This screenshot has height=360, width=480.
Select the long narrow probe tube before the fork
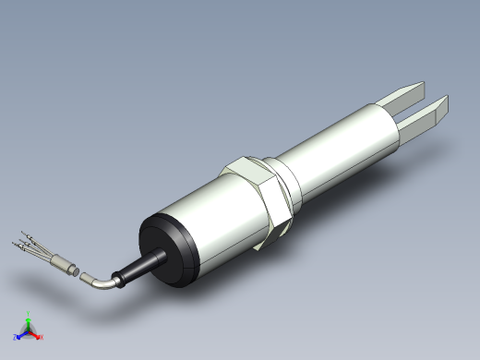pos(342,143)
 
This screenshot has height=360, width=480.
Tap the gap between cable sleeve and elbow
pos(78,272)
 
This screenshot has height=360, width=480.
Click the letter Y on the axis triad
pos(29,313)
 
